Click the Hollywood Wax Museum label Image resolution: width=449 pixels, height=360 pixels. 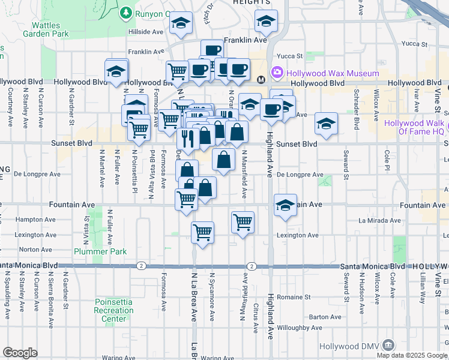[333, 73]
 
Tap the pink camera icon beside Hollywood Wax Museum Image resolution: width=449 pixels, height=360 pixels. [277, 73]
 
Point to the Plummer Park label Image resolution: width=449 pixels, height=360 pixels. [100, 251]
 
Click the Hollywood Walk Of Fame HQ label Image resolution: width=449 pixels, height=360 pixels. [414, 127]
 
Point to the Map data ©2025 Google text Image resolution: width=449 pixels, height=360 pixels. [411, 355]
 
